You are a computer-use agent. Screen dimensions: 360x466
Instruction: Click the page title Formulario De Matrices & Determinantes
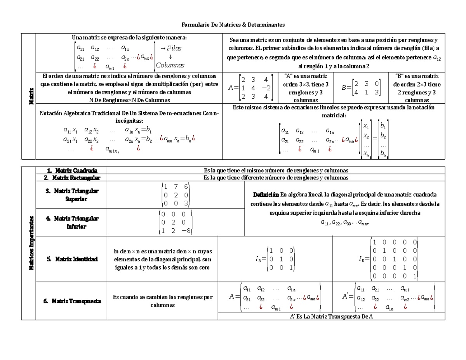point(233,25)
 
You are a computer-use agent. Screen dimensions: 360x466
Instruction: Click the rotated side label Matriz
point(28,96)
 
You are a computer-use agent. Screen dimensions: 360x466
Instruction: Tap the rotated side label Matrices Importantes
point(28,243)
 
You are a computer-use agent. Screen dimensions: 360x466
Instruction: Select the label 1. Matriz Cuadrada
point(71,170)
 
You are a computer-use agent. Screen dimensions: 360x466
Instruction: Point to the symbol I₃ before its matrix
point(259,259)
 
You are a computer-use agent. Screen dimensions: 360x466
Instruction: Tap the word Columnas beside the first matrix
point(170,65)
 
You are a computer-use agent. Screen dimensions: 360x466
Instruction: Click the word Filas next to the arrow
point(174,49)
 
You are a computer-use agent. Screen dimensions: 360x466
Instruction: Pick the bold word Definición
point(266,195)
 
